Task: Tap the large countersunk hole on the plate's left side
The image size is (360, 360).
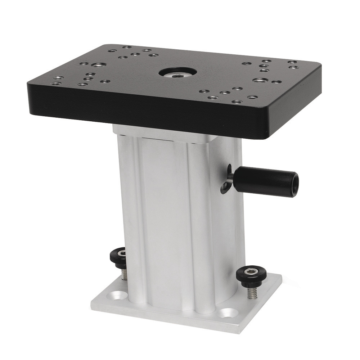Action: tap(96, 65)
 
